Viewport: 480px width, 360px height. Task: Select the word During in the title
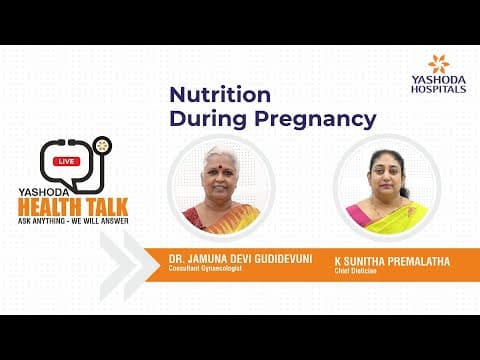(x=210, y=119)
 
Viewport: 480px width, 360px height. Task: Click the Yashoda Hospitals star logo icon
(x=438, y=64)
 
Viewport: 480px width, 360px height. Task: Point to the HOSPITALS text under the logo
(x=438, y=89)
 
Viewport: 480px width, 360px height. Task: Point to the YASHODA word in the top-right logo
(x=438, y=80)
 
